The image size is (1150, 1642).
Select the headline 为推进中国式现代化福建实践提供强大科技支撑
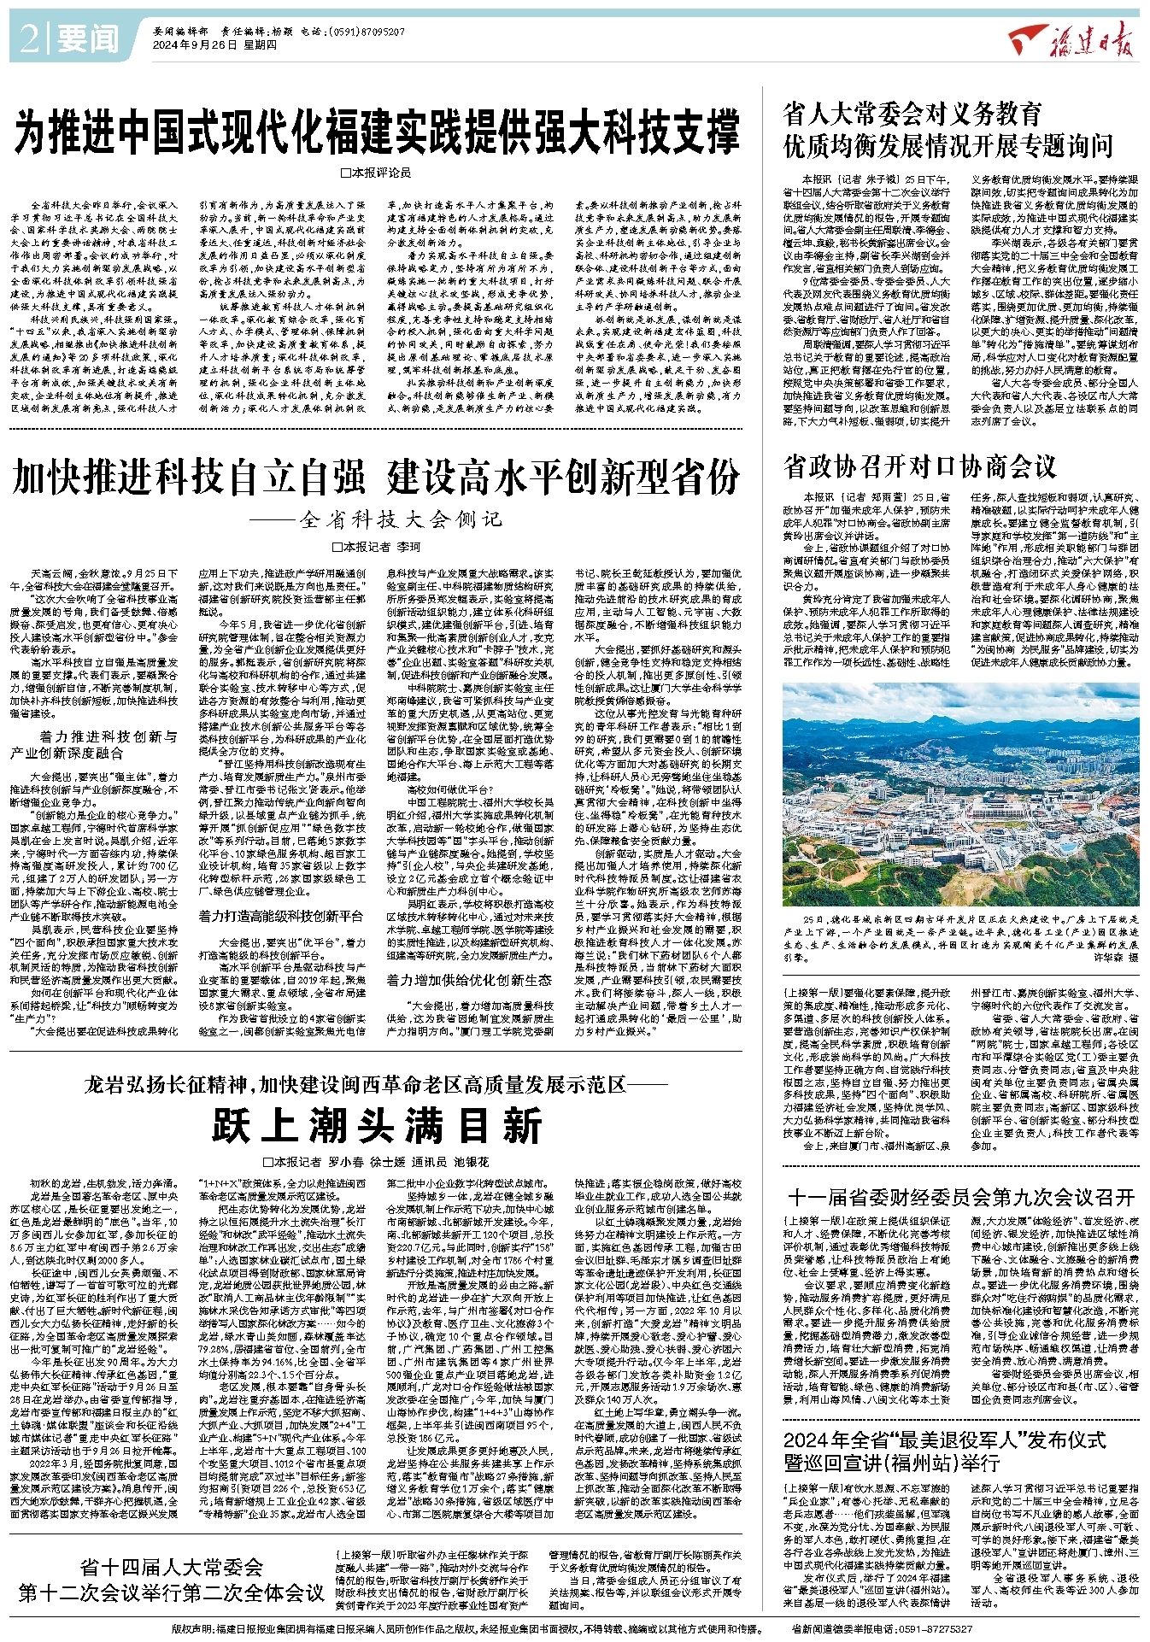click(377, 131)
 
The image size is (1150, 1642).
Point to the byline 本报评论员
click(376, 173)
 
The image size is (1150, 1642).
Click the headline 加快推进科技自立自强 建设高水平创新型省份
click(376, 477)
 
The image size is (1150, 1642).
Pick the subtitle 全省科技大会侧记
click(401, 519)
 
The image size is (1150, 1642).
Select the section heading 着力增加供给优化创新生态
click(469, 980)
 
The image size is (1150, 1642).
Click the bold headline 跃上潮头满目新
click(377, 1125)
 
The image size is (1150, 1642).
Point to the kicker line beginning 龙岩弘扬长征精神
click(376, 1085)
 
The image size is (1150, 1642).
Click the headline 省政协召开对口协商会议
click(920, 466)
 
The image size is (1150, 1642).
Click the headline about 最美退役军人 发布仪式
click(945, 1451)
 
